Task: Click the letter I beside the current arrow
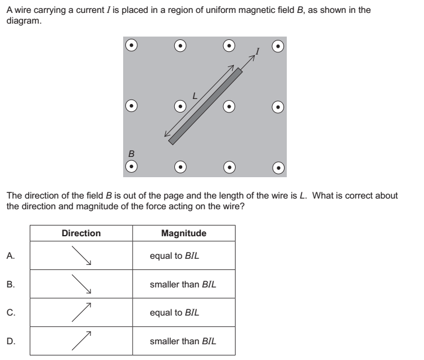click(258, 52)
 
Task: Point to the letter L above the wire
click(195, 96)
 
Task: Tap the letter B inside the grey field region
click(131, 152)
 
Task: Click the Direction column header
click(81, 233)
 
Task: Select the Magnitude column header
click(183, 233)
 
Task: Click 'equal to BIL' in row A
click(174, 255)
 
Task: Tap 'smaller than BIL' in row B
click(183, 284)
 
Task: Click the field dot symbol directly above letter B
click(131, 105)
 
